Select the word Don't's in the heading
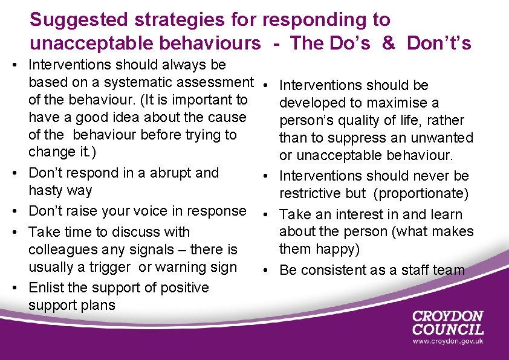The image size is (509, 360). [439, 43]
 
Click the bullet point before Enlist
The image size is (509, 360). [21, 288]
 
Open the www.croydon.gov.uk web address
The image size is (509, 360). [448, 342]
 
